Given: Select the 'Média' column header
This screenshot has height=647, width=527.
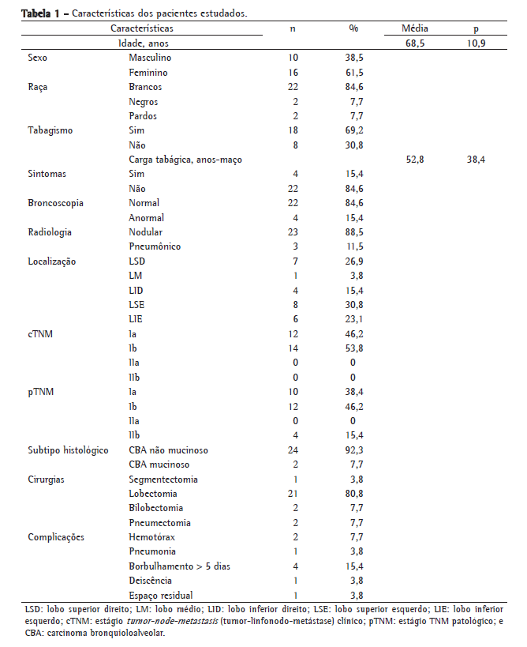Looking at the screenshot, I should pos(415,28).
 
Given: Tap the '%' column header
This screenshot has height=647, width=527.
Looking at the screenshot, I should pos(353,28).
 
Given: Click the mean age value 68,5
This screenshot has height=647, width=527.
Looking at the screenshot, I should pos(415,43).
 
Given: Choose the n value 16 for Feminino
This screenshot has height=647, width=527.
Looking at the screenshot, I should pos(293,73).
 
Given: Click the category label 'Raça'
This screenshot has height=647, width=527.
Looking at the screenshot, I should pos(37,87).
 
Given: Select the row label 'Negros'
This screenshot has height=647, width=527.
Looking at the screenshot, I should pos(144,102).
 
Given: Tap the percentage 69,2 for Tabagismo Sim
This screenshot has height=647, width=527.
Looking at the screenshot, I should pos(353,130).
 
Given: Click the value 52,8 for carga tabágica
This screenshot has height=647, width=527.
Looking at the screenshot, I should pos(415,160).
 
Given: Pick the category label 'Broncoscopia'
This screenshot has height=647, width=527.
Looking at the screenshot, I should pos(55,203).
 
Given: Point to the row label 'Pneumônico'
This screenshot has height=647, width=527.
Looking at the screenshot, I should pos(155,246).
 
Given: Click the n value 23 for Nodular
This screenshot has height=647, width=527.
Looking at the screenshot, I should pos(293,232).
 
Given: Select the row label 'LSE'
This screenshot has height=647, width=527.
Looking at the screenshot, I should pos(137,304).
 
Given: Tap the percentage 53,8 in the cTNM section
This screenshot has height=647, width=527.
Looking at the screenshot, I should pos(353,348).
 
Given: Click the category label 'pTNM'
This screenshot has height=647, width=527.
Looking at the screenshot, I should pos(40,391).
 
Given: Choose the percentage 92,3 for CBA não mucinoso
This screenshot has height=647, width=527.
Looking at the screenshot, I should pos(353,450).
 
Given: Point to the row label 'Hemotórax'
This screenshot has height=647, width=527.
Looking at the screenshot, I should pos(152,536).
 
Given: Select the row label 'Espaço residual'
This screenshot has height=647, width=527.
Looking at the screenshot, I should pos(161,595).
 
